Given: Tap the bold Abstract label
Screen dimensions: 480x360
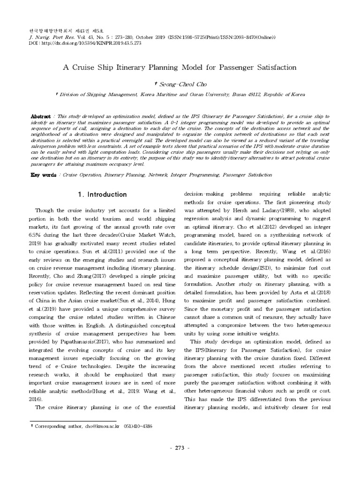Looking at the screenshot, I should click(40, 115).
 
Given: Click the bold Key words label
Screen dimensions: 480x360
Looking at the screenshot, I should click(43, 174).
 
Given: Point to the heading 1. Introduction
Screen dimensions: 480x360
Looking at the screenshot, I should click(102, 195).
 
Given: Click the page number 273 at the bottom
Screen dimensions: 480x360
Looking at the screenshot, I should click(180, 448).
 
